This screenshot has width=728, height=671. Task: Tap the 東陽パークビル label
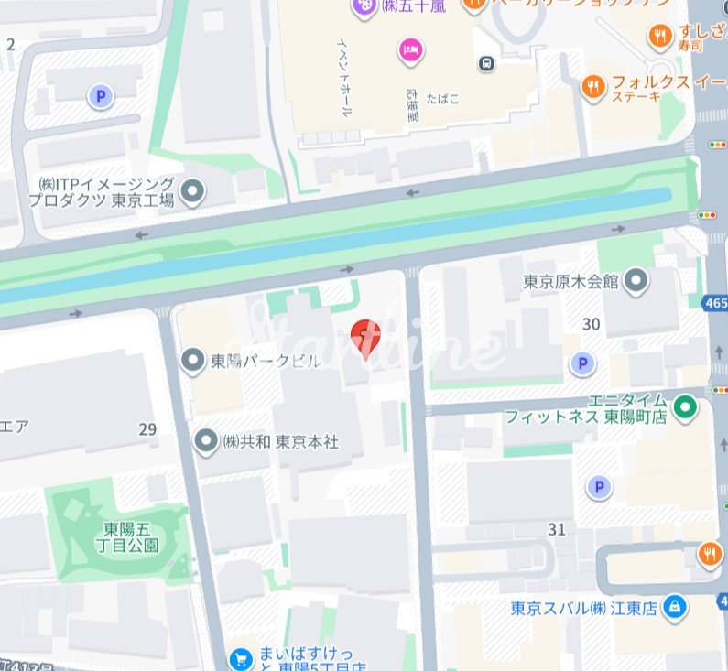point(266,361)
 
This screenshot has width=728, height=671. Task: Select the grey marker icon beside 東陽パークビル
point(192,361)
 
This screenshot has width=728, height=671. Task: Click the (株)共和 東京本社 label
point(280,441)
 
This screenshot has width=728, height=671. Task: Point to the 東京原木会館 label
point(570,281)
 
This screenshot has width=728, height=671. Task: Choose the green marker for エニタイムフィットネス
point(684,406)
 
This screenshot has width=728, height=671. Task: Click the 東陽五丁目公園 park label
point(131,537)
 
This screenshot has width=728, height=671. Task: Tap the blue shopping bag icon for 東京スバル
point(674,606)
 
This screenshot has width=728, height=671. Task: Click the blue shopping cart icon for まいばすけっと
point(240,658)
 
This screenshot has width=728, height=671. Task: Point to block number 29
point(147,429)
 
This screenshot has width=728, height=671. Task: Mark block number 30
point(591,323)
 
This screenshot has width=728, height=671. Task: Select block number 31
point(556,529)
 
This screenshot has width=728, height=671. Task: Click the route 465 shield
point(716,303)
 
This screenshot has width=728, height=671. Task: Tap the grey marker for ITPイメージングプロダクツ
point(192,191)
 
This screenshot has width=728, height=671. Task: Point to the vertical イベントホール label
point(344,77)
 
